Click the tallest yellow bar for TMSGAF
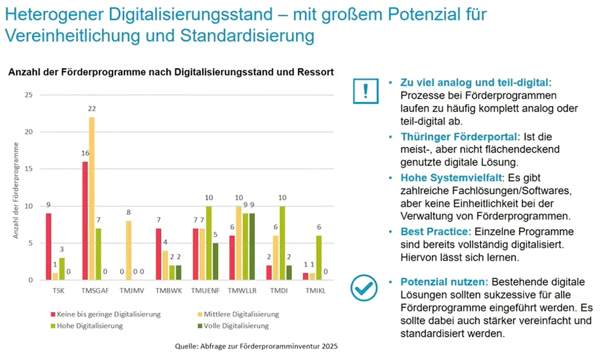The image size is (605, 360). pyautogui.click(x=92, y=198)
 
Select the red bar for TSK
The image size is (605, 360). pyautogui.click(x=49, y=246)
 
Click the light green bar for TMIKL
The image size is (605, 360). pyautogui.click(x=318, y=258)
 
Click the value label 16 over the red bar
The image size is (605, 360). pyautogui.click(x=85, y=153)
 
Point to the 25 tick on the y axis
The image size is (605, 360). pyautogui.click(x=29, y=95)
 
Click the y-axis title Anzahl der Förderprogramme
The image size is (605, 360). pyautogui.click(x=16, y=190)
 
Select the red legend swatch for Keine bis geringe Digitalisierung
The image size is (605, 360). pyautogui.click(x=53, y=315)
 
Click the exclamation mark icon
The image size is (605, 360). pyautogui.click(x=366, y=91)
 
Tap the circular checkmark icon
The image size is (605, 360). pyautogui.click(x=364, y=288)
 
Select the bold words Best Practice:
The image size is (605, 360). pyautogui.click(x=436, y=232)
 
